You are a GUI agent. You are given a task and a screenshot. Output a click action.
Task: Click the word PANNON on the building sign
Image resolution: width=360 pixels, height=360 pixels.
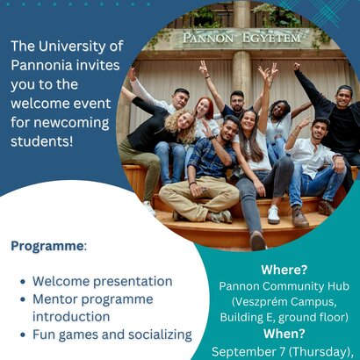(208, 39)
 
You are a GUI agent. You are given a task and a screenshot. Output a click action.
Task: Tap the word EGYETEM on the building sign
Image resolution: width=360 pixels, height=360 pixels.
(271, 38)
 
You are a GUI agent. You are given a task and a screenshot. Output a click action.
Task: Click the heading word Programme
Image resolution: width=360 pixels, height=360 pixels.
(47, 247)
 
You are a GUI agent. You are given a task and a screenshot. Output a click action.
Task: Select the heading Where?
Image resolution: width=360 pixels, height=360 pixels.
(284, 270)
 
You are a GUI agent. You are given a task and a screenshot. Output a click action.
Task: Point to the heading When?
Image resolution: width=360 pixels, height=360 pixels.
(284, 334)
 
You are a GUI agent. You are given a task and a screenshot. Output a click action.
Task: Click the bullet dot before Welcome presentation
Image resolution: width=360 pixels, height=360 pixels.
(23, 282)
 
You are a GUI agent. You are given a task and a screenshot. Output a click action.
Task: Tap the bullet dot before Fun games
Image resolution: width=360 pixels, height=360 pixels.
(23, 335)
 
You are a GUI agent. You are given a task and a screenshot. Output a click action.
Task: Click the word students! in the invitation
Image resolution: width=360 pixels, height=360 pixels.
(41, 141)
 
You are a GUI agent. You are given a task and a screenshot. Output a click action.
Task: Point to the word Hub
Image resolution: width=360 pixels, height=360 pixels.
(339, 286)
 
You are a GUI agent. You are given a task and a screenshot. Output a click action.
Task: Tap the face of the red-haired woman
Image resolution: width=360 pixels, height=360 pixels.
(203, 108)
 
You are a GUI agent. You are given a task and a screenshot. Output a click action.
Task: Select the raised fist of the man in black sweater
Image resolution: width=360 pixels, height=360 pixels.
(297, 67)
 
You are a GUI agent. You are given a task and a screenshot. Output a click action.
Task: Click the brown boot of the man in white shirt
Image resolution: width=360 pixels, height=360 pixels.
(299, 217)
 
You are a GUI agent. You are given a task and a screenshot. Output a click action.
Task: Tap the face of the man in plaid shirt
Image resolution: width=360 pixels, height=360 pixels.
(228, 131)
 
